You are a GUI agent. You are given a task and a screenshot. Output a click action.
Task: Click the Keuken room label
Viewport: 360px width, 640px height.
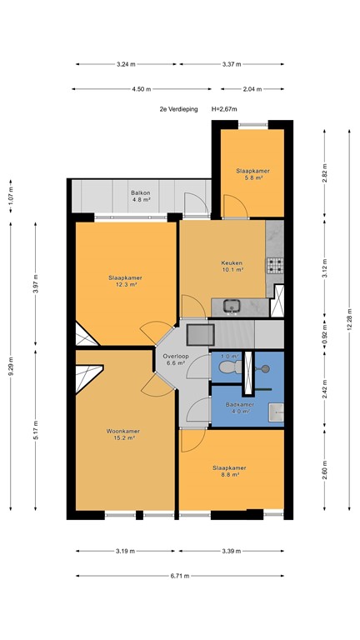pos(232,266)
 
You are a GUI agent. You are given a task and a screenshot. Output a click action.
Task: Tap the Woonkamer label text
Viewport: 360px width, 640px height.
pos(122,434)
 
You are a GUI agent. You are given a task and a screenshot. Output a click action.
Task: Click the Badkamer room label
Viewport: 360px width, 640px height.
pos(240,407)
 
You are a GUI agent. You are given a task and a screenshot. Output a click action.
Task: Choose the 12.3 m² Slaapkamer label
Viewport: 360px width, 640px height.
pos(125,281)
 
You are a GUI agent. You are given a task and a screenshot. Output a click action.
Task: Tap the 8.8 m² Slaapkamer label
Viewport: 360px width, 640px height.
pos(229,472)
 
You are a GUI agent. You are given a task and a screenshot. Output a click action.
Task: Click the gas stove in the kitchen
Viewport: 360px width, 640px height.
pos(275,265)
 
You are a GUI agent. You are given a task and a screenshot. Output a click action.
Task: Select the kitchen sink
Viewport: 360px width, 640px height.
pos(232,305)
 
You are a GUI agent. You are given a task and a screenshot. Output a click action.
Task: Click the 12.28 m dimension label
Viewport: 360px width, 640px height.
pos(349,320)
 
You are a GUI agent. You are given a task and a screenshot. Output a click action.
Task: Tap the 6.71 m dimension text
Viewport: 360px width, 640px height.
pos(180,576)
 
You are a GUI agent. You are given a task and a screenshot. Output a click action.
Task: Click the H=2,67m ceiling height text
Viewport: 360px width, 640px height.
pos(224,109)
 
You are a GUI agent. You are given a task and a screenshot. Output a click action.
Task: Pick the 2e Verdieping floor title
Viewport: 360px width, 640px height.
pos(179,109)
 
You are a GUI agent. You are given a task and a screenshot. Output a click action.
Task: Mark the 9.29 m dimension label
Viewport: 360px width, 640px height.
pos(11,367)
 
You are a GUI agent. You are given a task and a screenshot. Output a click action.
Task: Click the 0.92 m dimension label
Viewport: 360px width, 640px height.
pos(325,332)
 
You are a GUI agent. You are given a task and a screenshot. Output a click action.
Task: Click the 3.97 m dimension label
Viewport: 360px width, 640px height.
pos(36,283)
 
